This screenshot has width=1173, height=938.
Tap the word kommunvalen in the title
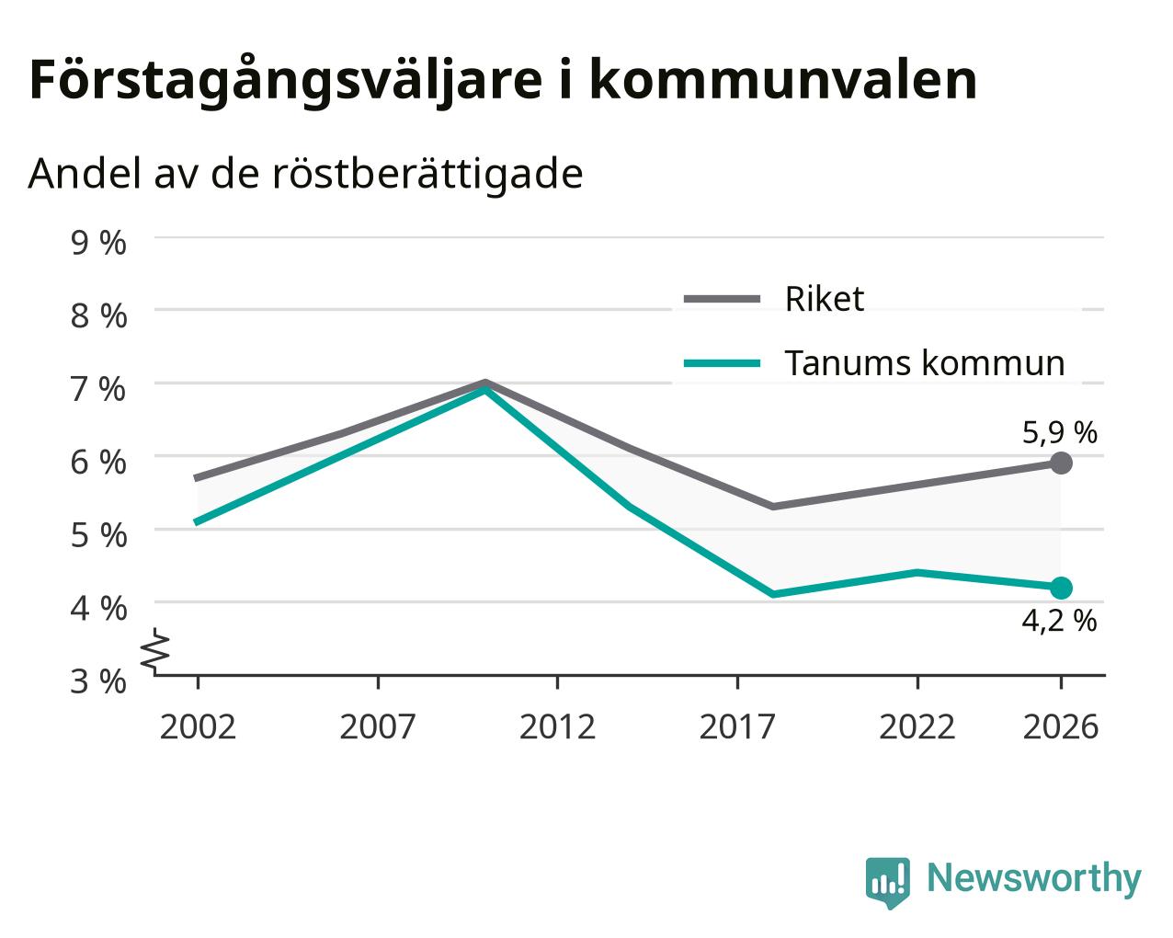point(783,80)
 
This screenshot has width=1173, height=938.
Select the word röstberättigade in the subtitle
point(427,175)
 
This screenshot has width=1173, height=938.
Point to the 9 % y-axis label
point(98,243)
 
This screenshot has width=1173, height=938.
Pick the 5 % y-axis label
point(98,535)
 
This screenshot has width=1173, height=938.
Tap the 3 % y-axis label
point(98,681)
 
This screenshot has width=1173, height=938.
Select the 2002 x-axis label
point(198,726)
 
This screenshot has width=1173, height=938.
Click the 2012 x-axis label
point(557,726)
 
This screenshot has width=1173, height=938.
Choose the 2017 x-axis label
point(737,726)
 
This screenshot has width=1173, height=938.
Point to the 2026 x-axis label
point(1060,726)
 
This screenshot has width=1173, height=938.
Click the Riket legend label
point(825,299)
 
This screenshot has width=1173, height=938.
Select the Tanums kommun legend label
point(925,363)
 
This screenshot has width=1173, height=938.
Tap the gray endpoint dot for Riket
point(1061,463)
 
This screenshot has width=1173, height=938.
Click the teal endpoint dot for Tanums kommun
point(1061,588)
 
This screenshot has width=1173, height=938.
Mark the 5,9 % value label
point(1060,433)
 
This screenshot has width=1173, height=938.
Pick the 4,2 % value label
point(1060,621)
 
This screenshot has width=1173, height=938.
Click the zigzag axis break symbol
point(155,650)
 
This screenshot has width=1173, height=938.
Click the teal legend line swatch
point(723,363)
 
